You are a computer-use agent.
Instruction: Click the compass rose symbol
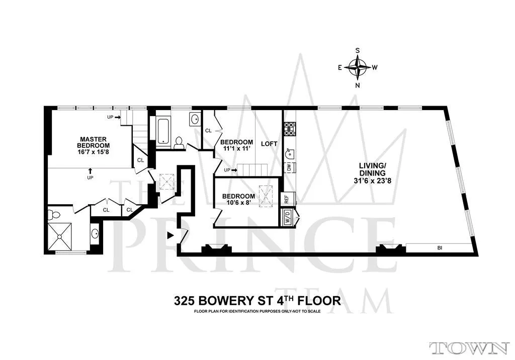click(359, 67)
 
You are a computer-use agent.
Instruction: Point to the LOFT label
click(269, 143)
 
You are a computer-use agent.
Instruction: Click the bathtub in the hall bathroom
click(164, 131)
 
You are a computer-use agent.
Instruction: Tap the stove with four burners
click(290, 129)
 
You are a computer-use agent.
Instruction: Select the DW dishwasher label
click(289, 167)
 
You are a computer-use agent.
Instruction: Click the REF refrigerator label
click(287, 199)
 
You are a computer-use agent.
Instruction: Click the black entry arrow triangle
click(170, 235)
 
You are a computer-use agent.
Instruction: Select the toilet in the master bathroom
click(54, 215)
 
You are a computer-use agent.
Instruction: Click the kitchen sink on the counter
click(289, 150)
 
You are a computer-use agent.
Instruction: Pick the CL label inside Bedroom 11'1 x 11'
click(208, 131)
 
